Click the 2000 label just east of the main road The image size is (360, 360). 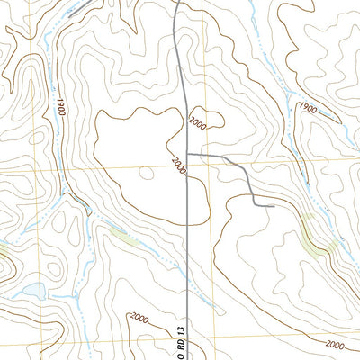point(198,123)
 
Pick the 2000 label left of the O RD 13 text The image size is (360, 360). point(139,318)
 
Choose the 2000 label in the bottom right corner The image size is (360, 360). point(332,345)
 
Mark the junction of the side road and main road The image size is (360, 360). point(186,155)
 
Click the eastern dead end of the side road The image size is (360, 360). point(271,206)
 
